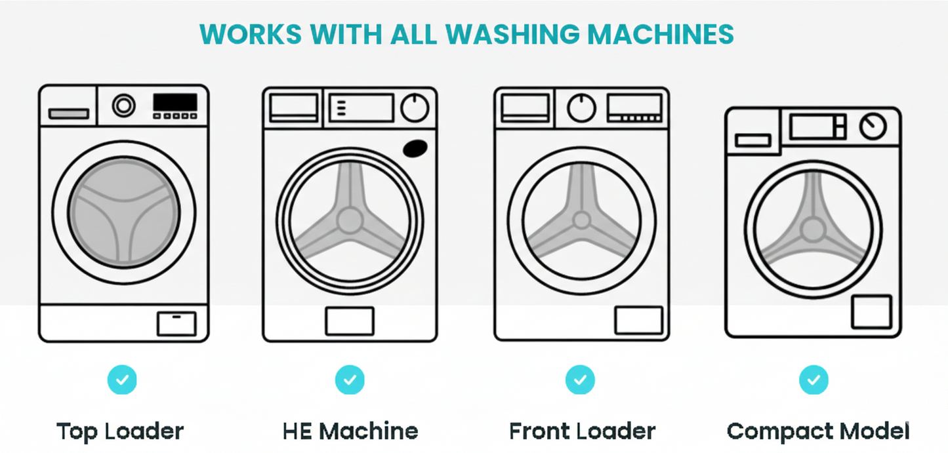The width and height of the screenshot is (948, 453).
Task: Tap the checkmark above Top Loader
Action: (122, 380)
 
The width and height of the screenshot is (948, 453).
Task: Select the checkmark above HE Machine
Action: (350, 380)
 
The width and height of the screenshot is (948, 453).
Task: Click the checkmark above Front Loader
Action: (580, 380)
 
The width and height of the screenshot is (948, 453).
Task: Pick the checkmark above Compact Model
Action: (814, 380)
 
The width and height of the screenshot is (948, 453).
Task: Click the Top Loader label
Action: (120, 431)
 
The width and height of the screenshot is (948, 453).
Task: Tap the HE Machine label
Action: (350, 431)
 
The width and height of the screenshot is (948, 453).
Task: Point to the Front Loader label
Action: (582, 431)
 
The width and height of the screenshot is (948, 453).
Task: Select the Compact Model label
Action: (818, 431)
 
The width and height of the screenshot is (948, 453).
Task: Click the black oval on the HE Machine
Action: (415, 149)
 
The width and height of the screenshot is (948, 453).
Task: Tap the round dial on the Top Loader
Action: (123, 106)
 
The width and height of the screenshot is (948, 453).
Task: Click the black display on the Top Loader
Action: (175, 103)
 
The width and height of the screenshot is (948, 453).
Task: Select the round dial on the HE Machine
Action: (415, 108)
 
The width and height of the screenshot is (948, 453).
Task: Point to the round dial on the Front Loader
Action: (581, 108)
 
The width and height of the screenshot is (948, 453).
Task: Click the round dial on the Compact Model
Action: (873, 127)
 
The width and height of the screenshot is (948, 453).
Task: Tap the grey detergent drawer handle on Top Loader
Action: (69, 114)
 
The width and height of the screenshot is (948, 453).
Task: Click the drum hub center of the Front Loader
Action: (581, 219)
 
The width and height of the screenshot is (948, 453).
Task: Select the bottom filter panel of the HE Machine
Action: (350, 321)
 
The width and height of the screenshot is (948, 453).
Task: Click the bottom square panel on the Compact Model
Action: (871, 312)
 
